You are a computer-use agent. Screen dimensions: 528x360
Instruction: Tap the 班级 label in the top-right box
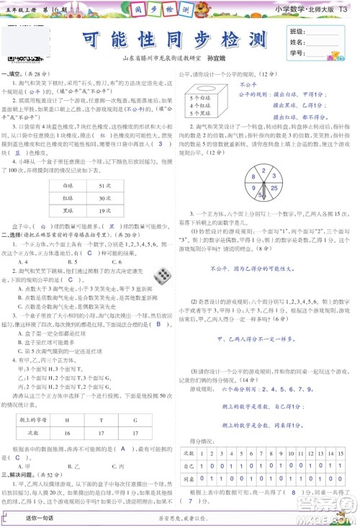[297, 32]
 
